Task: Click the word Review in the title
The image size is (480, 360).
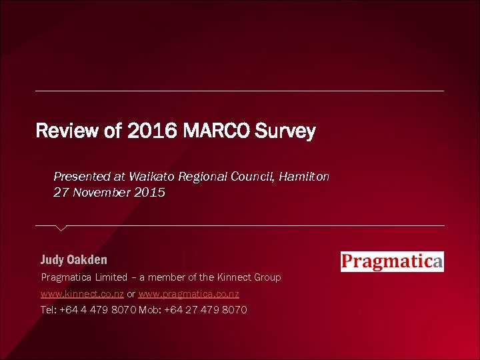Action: (x=67, y=131)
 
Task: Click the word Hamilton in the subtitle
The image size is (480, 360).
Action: (x=304, y=177)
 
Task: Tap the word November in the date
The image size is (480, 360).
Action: (x=100, y=193)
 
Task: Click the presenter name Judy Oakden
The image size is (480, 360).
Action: (x=74, y=259)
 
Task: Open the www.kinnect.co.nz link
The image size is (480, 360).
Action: (x=83, y=293)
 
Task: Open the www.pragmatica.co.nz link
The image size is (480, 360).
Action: (x=189, y=293)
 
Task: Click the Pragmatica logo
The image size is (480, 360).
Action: (x=392, y=261)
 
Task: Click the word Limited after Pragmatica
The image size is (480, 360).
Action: (x=111, y=277)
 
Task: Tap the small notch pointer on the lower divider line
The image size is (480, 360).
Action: (x=61, y=228)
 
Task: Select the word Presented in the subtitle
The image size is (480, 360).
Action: (x=82, y=177)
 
